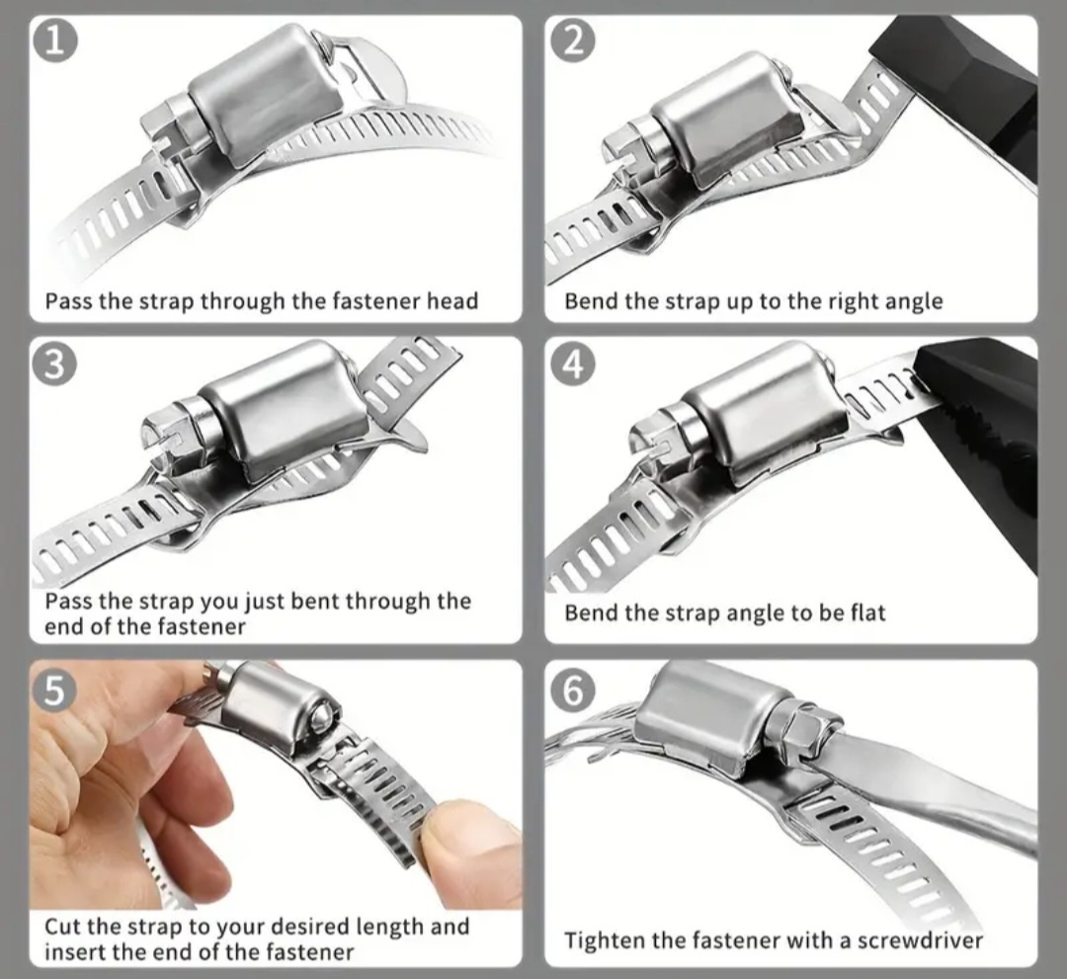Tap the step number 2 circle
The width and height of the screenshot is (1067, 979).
[x=574, y=41]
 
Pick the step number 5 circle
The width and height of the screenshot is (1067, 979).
[x=54, y=690]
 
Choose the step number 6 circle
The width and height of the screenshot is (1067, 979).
[x=574, y=690]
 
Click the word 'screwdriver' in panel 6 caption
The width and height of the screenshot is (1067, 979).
[x=920, y=940]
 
